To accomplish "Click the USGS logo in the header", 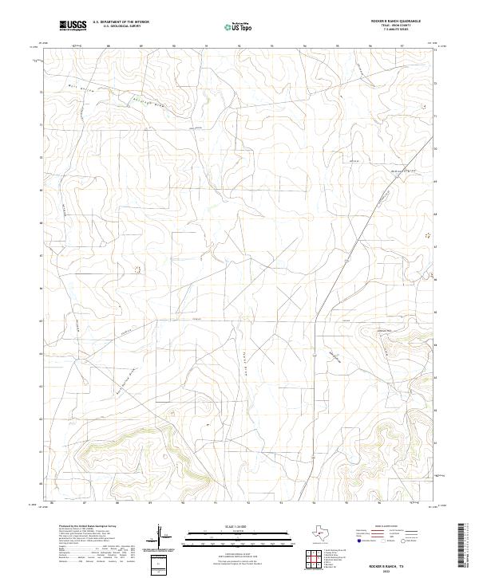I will [x=73, y=27].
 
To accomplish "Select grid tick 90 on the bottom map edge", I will [x=184, y=504].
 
